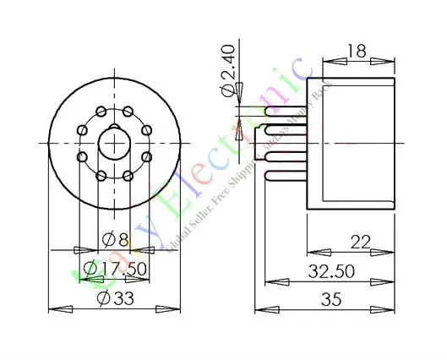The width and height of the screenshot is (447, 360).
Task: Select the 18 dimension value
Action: coord(356,52)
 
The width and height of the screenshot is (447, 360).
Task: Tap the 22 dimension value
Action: coord(361,243)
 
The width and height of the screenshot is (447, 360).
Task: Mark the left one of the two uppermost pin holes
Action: coord(101,111)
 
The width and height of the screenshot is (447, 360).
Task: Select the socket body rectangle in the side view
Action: coord(350,144)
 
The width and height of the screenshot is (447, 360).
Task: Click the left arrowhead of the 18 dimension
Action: coord(335,60)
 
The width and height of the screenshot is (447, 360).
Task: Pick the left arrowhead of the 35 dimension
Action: coord(263,308)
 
